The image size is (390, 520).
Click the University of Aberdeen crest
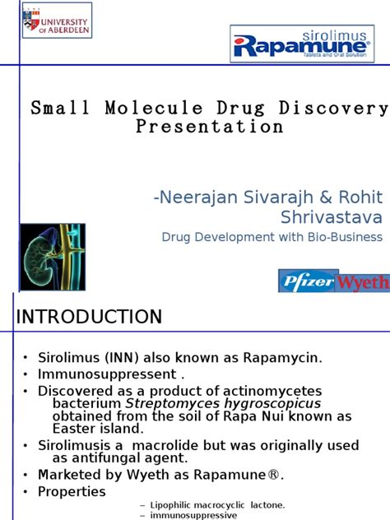tap(31, 20)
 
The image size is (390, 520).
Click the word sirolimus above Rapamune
tap(330, 36)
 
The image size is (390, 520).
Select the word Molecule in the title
tap(154, 108)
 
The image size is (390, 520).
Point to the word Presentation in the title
tap(210, 127)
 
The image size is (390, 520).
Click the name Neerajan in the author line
tap(198, 197)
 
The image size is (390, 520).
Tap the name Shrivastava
tap(332, 217)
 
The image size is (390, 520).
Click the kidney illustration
tap(53, 257)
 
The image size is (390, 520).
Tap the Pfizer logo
tap(308, 281)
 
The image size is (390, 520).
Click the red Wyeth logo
tap(363, 282)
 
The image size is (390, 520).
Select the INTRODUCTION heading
tap(89, 317)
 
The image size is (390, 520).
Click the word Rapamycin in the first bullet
tap(282, 358)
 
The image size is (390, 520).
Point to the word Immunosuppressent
tap(107, 374)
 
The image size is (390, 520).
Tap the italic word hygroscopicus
tap(272, 404)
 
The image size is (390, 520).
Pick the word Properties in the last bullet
tap(72, 492)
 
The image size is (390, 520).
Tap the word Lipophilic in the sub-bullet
tap(170, 505)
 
